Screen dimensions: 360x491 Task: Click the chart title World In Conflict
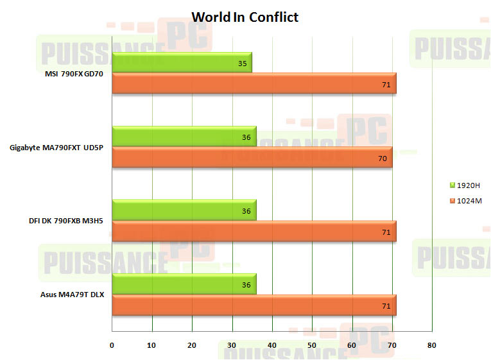tap(245, 17)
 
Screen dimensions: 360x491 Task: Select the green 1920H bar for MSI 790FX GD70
tap(182, 62)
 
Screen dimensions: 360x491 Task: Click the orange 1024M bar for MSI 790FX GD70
tap(254, 83)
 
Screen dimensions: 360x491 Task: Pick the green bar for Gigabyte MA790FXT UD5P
tap(184, 136)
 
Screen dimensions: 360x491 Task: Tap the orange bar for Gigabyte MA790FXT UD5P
tap(252, 157)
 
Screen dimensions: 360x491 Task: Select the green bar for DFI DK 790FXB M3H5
tap(184, 210)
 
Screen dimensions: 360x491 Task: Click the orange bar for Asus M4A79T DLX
tap(254, 305)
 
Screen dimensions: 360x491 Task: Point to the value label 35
tap(242, 64)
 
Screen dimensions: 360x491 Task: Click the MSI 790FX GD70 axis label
tap(74, 74)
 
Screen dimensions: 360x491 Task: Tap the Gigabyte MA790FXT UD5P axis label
tap(56, 148)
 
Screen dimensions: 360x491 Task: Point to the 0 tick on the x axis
tap(112, 345)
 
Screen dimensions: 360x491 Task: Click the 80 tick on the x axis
tap(431, 345)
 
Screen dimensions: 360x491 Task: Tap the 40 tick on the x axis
tap(272, 345)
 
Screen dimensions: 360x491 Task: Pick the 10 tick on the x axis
tap(152, 345)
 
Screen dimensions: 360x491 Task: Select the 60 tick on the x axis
tap(352, 345)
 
